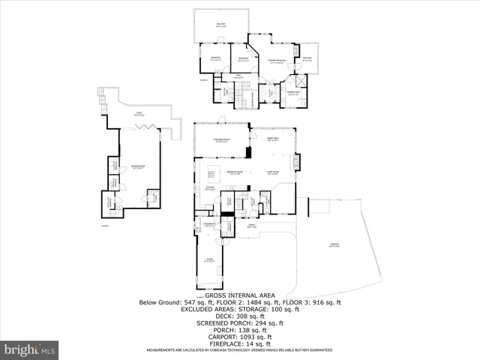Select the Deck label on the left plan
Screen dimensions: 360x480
[x=138, y=115]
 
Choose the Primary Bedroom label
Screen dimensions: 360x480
[x=277, y=61]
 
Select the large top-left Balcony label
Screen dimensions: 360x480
[x=221, y=25]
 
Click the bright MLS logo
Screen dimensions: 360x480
[x=30, y=349]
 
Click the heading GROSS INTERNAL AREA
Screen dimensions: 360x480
[x=239, y=295]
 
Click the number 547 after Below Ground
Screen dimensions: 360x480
[x=196, y=302]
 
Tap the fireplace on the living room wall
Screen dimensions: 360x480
[x=297, y=162]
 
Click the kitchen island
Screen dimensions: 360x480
[x=212, y=175]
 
